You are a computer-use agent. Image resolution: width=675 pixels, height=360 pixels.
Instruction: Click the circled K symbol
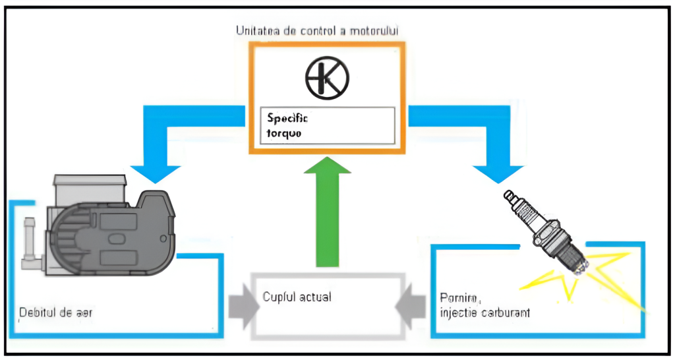328,78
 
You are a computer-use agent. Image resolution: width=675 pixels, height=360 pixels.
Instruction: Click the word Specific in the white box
288,119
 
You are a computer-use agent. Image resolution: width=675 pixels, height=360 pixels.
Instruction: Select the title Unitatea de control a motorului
317,30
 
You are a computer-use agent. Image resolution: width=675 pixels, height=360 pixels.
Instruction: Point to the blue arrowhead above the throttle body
155,173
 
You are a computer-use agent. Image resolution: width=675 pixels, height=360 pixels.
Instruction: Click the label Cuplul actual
297,297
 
